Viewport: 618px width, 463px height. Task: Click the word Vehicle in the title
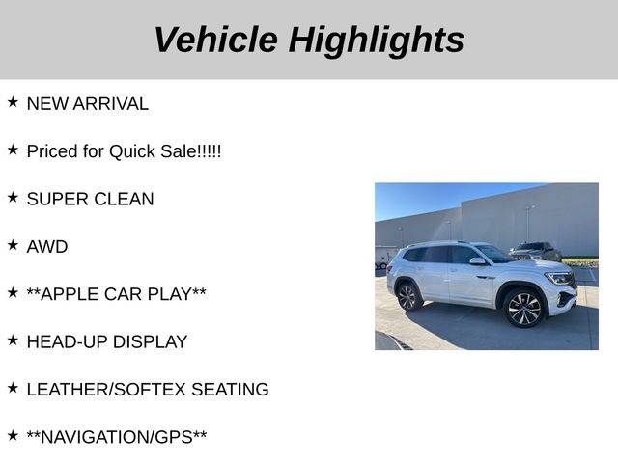coord(216,40)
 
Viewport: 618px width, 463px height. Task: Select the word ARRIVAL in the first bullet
coord(111,104)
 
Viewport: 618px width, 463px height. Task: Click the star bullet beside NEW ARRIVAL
coord(13,102)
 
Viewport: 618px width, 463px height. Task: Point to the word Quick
coord(132,152)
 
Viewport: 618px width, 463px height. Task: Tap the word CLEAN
coord(124,199)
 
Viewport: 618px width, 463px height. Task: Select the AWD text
coord(47,247)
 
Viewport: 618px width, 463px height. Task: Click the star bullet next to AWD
coord(13,245)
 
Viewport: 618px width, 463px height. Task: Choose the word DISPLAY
coord(150,341)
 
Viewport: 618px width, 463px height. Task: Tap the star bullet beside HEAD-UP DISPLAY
coord(13,340)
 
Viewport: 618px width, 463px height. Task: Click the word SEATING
coord(230,390)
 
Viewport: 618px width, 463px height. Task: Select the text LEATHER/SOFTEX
coord(106,390)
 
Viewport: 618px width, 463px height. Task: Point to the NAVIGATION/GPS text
coord(117,437)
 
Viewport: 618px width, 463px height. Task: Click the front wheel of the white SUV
coord(523,309)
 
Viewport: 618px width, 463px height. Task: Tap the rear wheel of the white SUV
coord(407,297)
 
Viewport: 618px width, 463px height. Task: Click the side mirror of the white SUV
coord(477,261)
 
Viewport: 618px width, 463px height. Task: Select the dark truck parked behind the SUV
coord(536,251)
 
